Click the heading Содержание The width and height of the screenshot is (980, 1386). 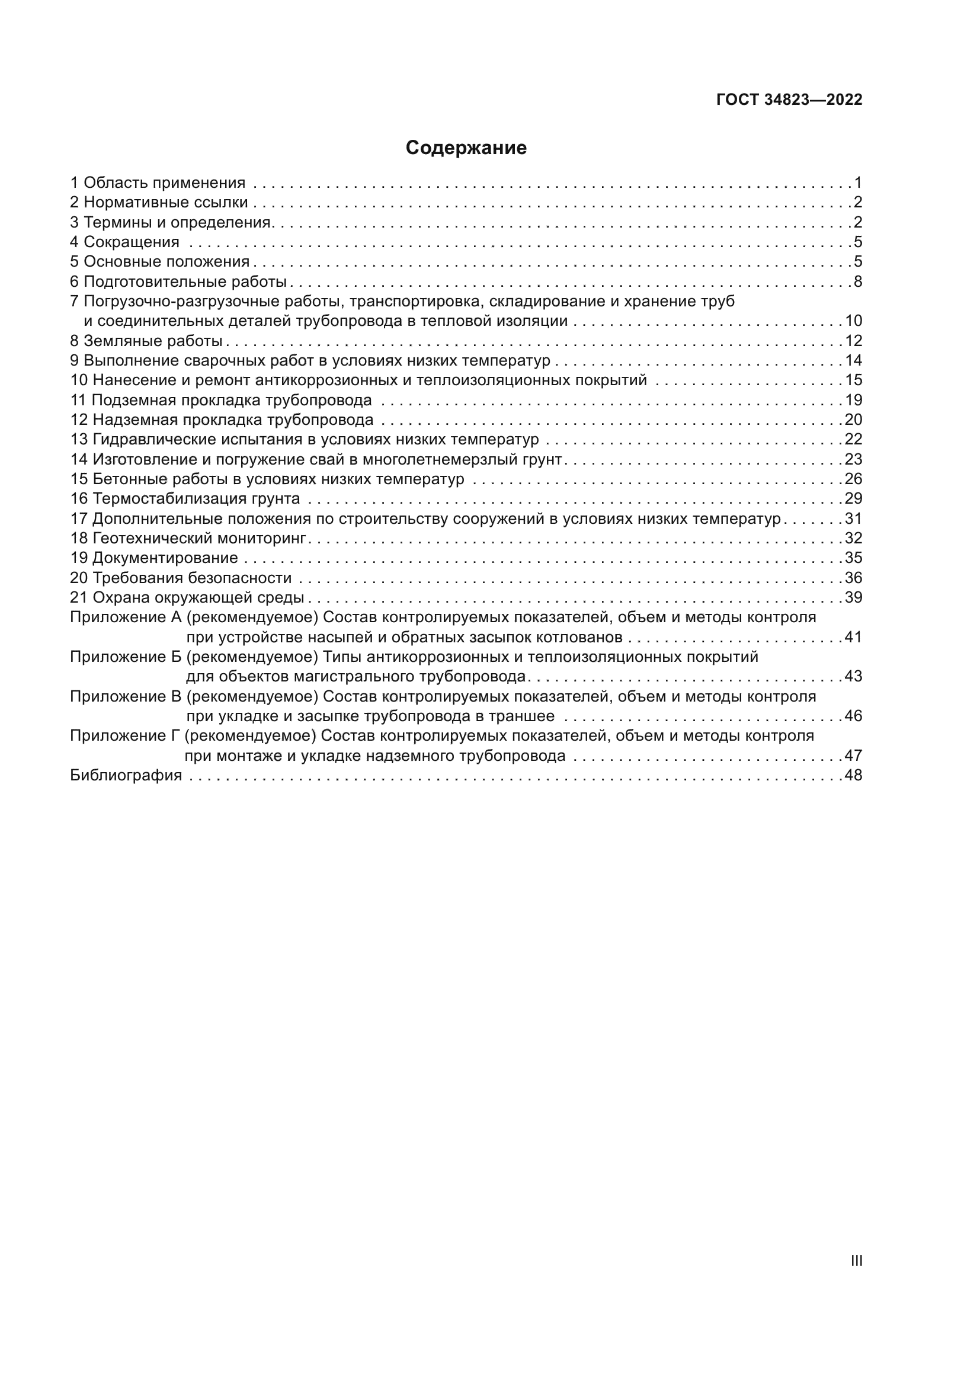[466, 148]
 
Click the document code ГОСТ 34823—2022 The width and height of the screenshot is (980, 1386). [789, 100]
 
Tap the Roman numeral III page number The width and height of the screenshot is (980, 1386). [856, 1260]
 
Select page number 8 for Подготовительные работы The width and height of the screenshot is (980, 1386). [857, 281]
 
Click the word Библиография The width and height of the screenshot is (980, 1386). [126, 775]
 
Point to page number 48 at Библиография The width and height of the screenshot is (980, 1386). [853, 775]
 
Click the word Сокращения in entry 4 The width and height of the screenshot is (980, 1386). [131, 242]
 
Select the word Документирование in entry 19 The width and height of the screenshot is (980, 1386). [165, 558]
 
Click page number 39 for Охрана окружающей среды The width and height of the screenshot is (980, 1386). [853, 598]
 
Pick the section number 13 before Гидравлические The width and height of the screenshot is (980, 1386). [78, 440]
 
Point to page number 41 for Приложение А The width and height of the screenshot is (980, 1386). [853, 637]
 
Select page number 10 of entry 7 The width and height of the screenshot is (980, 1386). [853, 321]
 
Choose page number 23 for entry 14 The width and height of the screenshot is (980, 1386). [853, 459]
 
